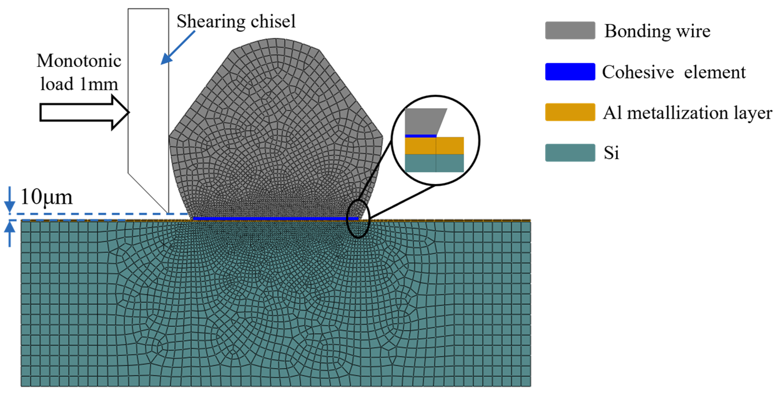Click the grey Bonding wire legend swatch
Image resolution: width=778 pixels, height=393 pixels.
tap(570, 30)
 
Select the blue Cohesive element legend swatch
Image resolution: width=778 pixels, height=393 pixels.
tap(570, 72)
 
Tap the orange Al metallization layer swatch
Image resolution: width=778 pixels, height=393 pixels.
tap(570, 112)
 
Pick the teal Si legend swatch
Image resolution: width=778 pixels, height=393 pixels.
tap(570, 153)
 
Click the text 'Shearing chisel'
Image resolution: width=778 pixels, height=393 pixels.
tap(236, 22)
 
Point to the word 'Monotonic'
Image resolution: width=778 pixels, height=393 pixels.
tap(79, 61)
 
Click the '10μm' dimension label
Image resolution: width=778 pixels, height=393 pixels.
tap(46, 198)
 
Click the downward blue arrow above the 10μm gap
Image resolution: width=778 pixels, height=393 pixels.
tap(10, 199)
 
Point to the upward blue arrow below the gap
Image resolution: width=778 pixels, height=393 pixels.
tap(10, 235)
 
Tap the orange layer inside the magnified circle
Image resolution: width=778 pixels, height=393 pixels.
tap(434, 146)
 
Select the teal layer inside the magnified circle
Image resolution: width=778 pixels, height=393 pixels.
tap(434, 163)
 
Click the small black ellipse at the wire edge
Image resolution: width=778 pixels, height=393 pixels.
tap(358, 219)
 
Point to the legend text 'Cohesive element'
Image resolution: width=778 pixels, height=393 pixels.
tap(674, 72)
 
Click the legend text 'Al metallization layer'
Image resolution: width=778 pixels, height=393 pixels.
tap(687, 113)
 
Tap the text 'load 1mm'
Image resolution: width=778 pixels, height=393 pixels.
tap(79, 84)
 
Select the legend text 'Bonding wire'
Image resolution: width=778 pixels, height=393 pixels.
tap(657, 31)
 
